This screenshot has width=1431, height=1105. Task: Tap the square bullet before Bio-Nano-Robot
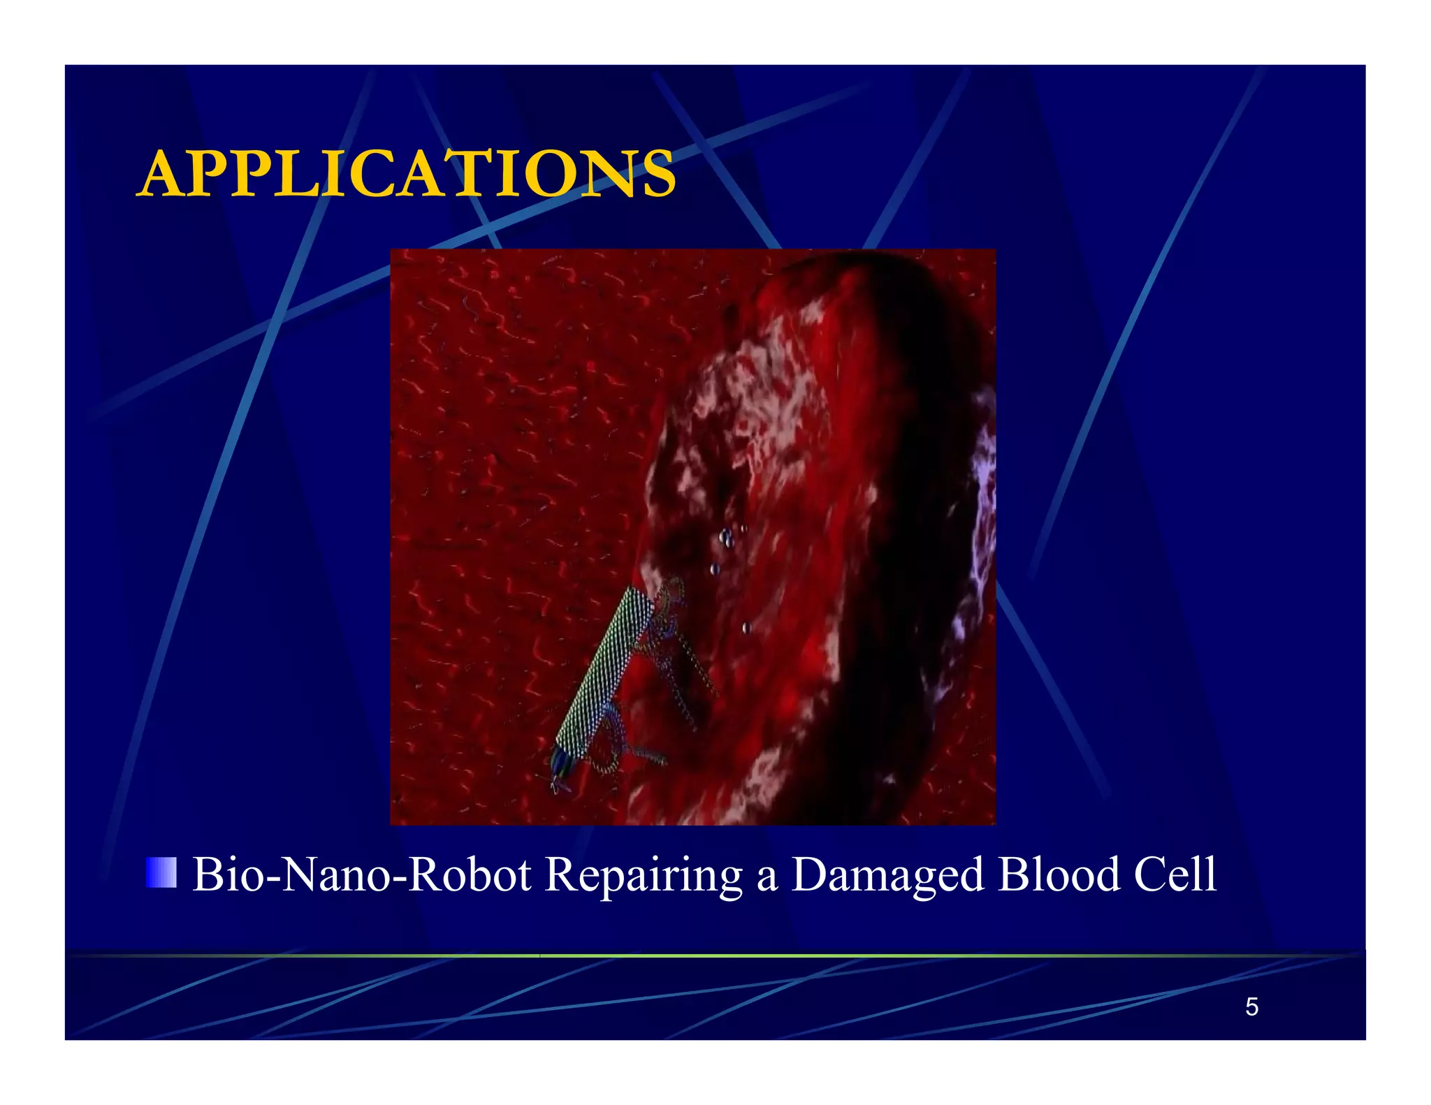click(x=161, y=872)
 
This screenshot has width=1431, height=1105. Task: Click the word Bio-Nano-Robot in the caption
click(x=362, y=874)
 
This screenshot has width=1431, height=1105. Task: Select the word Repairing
click(x=643, y=875)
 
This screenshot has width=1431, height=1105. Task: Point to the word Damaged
click(x=887, y=875)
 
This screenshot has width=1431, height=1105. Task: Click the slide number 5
click(x=1251, y=1007)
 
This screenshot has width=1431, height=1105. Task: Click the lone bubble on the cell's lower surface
click(x=746, y=627)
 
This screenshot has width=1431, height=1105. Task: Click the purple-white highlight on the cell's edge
click(x=984, y=482)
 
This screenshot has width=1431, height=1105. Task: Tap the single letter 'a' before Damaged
click(x=767, y=877)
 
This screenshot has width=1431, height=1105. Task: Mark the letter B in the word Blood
click(x=1012, y=874)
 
